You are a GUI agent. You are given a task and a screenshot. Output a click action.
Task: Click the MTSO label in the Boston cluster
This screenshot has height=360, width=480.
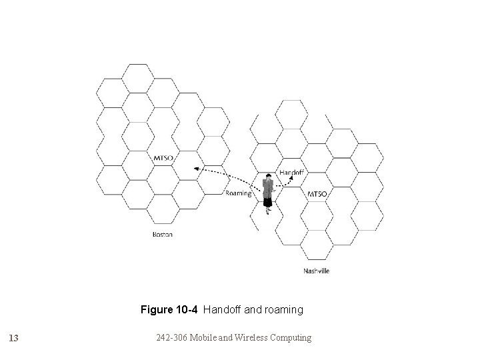(163, 158)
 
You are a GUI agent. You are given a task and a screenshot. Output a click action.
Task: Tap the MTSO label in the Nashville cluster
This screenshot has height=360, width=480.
(317, 194)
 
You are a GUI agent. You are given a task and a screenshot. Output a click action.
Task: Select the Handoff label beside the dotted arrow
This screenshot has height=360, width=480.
(291, 172)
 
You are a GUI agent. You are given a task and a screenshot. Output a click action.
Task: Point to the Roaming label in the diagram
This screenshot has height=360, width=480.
(238, 193)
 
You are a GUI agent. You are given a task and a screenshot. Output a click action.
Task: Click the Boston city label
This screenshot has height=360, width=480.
(163, 235)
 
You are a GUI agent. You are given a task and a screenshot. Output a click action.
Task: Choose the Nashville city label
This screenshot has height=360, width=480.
(316, 271)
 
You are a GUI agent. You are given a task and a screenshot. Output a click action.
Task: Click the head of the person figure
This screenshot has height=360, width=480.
(267, 177)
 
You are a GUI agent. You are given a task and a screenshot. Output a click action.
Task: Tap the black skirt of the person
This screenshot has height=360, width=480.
(267, 201)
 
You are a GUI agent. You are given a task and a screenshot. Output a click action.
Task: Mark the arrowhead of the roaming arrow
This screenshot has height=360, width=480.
(197, 169)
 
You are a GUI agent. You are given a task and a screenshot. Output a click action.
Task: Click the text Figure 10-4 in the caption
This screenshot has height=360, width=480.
(170, 310)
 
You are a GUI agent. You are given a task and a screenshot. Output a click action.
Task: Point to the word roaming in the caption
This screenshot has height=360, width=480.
(283, 310)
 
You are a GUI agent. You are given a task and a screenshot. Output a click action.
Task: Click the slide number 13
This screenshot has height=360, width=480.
(13, 338)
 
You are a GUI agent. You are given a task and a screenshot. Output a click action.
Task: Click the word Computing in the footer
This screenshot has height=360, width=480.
(290, 337)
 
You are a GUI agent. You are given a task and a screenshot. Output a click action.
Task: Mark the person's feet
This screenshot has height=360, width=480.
(268, 213)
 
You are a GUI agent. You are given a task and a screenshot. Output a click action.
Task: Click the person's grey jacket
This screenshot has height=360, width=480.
(267, 187)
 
